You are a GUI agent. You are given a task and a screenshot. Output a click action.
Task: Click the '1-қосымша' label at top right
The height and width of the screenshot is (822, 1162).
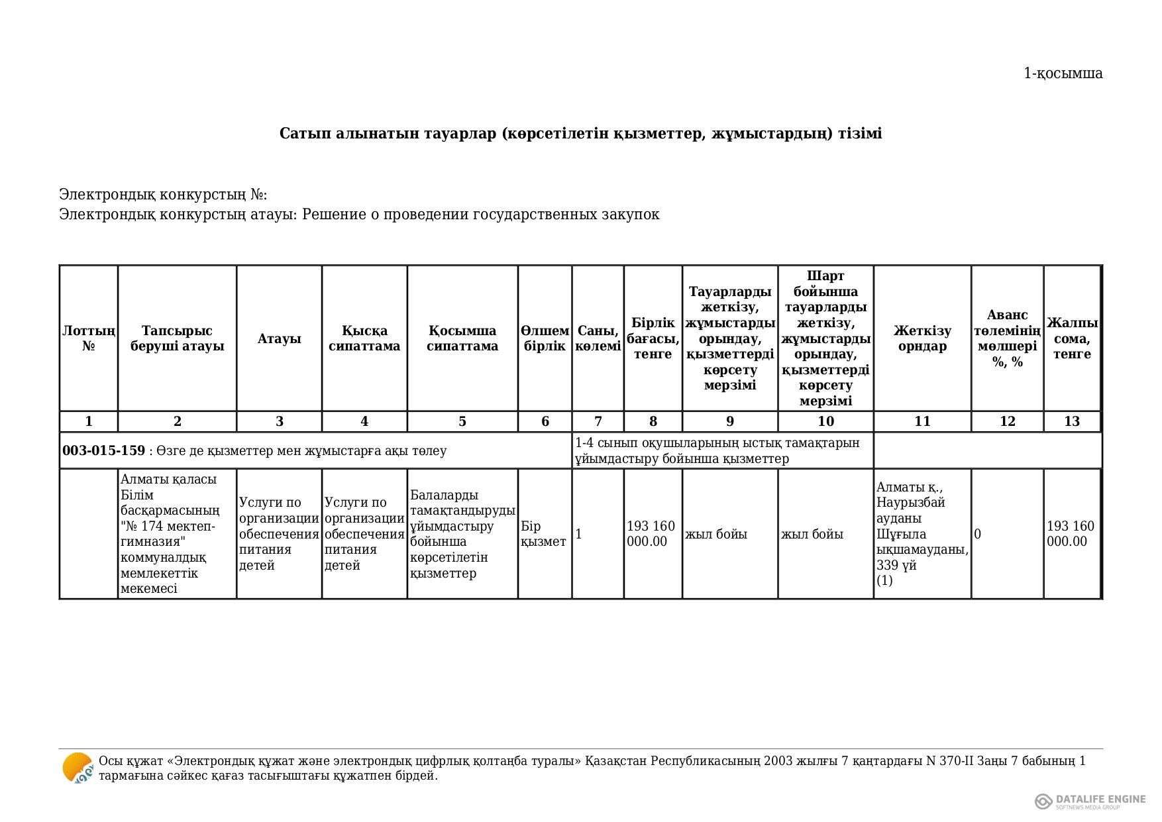[1063, 74]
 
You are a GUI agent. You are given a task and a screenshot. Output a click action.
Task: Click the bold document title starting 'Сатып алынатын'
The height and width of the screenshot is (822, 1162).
[580, 134]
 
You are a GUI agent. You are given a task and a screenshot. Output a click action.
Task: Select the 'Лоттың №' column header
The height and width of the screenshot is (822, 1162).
[89, 338]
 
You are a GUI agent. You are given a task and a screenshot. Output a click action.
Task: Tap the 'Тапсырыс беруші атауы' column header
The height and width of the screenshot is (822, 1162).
[177, 338]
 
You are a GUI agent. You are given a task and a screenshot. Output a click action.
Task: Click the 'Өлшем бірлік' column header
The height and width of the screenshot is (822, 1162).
[545, 338]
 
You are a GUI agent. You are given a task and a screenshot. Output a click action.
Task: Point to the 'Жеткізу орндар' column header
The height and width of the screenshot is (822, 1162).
[922, 338]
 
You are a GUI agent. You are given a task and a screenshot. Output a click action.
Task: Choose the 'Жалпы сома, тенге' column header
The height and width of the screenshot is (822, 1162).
[1072, 338]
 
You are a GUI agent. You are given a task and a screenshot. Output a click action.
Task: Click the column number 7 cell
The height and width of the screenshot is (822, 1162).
[598, 422]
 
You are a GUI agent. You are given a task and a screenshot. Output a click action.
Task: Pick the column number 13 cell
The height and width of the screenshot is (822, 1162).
[1072, 422]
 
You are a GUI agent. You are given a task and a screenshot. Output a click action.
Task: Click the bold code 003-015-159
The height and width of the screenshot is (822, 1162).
[103, 451]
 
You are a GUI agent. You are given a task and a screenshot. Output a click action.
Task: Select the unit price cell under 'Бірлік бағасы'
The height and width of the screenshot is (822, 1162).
[652, 534]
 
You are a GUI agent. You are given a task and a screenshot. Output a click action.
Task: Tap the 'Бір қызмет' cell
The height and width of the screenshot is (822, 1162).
[544, 534]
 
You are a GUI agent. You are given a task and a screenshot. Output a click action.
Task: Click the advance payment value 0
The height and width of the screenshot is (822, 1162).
[978, 534]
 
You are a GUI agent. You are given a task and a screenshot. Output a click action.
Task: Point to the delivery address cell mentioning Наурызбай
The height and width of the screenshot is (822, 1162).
[922, 534]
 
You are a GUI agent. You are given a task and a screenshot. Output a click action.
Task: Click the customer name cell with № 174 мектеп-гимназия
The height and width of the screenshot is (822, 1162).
[177, 534]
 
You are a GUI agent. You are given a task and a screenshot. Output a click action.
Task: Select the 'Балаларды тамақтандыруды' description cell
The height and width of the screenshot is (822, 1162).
[462, 534]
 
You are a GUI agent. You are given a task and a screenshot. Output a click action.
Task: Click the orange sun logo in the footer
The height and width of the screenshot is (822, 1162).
[78, 768]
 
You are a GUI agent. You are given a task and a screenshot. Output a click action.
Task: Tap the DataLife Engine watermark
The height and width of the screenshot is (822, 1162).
[1090, 801]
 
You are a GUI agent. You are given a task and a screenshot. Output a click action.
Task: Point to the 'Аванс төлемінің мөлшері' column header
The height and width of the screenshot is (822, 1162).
[1007, 338]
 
